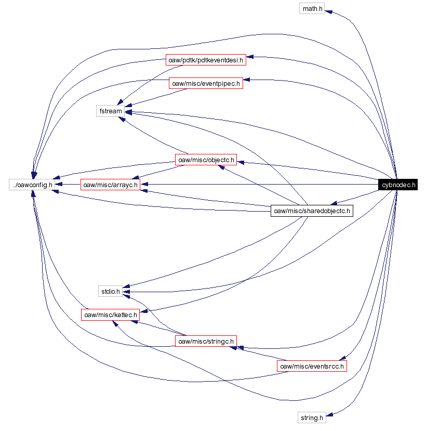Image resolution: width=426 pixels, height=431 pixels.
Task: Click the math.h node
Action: coord(312,8)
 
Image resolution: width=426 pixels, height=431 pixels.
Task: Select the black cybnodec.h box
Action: coord(398,185)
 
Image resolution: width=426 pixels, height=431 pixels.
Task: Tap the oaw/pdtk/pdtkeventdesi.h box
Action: coord(206,60)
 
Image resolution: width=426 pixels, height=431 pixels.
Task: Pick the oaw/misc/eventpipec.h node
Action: coord(206,83)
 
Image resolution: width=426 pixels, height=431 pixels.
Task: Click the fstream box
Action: coord(110,111)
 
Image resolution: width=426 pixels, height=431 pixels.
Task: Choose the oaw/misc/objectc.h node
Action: coord(206,160)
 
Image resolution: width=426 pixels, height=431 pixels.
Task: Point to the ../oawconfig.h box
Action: coord(31,185)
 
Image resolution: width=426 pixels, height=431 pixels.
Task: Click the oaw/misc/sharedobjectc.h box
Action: coord(312,211)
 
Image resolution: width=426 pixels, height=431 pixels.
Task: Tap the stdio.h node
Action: coord(110,291)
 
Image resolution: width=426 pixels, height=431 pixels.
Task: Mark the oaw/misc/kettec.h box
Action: coord(111,315)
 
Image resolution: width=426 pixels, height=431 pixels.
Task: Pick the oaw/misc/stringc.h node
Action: coord(205,341)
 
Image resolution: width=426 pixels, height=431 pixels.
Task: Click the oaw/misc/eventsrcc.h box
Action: coord(312,366)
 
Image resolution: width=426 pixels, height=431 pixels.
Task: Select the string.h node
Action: coord(312,417)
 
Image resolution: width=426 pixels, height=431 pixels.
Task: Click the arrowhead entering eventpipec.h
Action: coord(247,80)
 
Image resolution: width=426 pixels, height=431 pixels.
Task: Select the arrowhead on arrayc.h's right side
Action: coord(145,184)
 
